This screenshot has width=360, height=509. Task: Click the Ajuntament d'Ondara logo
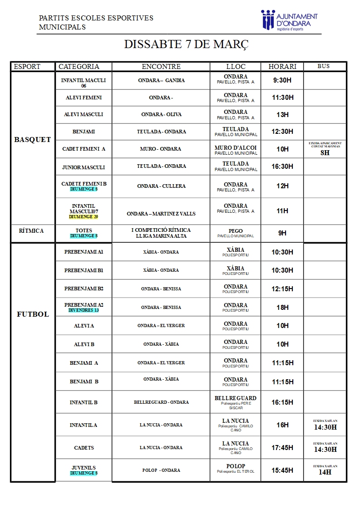pyautogui.click(x=289, y=21)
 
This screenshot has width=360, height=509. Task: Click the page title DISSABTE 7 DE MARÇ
pyautogui.click(x=186, y=44)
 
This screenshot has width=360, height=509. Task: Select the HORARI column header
pyautogui.click(x=282, y=67)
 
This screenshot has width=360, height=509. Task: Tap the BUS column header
pyautogui.click(x=323, y=66)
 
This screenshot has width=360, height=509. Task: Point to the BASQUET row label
pyautogui.click(x=33, y=140)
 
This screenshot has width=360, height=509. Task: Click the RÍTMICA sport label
pyautogui.click(x=32, y=231)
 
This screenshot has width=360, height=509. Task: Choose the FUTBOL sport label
pyautogui.click(x=33, y=314)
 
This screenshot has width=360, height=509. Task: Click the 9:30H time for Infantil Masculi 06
pyautogui.click(x=282, y=80)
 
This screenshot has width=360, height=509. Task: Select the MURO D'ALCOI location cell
pyautogui.click(x=236, y=150)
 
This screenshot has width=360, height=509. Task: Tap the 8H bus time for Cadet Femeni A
pyautogui.click(x=325, y=153)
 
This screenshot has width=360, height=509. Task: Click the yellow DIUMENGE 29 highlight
pyautogui.click(x=84, y=217)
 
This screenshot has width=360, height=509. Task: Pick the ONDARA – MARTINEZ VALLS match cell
pyautogui.click(x=161, y=214)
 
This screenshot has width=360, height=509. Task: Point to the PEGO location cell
pyautogui.click(x=236, y=233)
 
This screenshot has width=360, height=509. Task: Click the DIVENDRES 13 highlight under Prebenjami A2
pyautogui.click(x=84, y=310)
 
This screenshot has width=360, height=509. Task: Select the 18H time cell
pyautogui.click(x=282, y=307)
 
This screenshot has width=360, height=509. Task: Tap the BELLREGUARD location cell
pyautogui.click(x=236, y=402)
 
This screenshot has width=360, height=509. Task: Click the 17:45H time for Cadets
pyautogui.click(x=282, y=447)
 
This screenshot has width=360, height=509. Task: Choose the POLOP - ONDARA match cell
pyautogui.click(x=161, y=470)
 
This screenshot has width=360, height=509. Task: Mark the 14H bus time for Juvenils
pyautogui.click(x=325, y=472)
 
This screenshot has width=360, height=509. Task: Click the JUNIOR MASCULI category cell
pyautogui.click(x=84, y=167)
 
